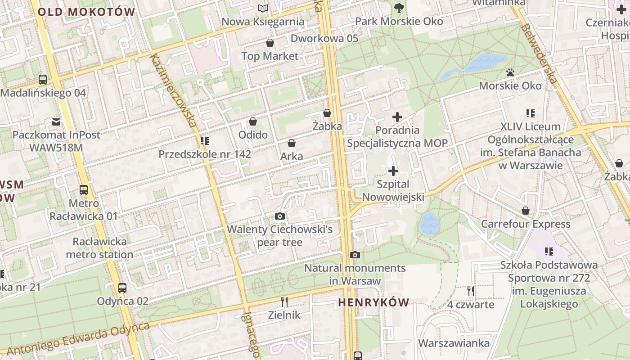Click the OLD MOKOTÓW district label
click(86, 12)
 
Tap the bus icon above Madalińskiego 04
click(43, 80)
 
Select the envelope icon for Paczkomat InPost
click(56, 121)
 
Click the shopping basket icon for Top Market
click(270, 43)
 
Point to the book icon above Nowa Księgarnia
click(263, 8)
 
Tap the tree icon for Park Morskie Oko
click(399, 8)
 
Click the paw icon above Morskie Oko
click(510, 72)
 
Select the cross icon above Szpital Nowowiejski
click(393, 171)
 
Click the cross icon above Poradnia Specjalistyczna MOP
click(397, 117)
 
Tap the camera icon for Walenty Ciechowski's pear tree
click(280, 216)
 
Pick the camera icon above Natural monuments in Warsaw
click(355, 255)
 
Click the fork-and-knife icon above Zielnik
click(284, 301)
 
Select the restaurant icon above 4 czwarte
click(471, 291)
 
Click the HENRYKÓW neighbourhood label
click(373, 302)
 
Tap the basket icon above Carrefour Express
click(525, 211)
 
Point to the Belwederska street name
click(540, 54)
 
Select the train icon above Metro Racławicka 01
click(84, 190)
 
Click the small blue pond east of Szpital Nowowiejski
click(430, 224)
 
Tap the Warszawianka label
click(454, 343)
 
